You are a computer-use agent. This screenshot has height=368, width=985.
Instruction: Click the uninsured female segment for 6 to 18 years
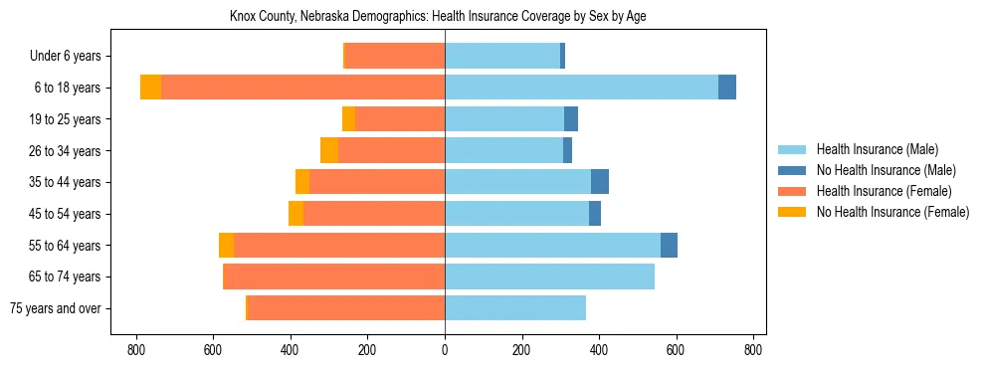click(150, 88)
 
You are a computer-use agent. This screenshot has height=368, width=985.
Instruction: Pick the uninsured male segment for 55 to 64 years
click(669, 245)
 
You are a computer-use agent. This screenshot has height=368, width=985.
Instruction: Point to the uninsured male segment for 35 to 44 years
click(600, 182)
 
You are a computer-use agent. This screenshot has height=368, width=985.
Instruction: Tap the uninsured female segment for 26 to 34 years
click(329, 150)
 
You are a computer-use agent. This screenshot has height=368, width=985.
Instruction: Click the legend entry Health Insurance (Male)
click(877, 149)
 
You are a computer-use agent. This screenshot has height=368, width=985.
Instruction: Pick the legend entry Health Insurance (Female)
click(882, 191)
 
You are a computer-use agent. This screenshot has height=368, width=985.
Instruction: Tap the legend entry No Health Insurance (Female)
click(891, 212)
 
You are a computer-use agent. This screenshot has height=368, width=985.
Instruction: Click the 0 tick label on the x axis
click(445, 350)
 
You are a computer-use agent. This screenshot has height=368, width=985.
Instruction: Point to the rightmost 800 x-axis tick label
click(753, 350)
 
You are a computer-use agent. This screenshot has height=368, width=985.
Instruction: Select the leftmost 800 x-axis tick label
click(135, 350)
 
